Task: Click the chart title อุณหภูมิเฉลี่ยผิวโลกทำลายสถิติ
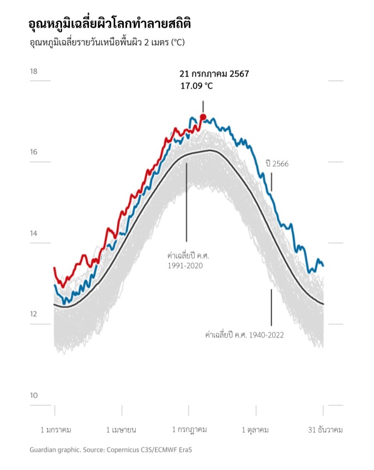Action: point(110,24)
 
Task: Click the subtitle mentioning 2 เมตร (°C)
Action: point(107,43)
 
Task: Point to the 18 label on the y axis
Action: point(33,72)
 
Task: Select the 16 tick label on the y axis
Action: point(33,152)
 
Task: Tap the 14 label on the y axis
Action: point(33,233)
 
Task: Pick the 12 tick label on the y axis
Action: point(33,314)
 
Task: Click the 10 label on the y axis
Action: point(33,395)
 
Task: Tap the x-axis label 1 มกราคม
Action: point(56,430)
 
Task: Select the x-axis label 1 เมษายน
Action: point(121,430)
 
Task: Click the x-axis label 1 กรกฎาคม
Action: point(189,430)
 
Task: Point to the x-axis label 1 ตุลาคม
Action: point(255,430)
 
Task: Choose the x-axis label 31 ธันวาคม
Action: point(325,430)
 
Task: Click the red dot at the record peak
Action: point(203,117)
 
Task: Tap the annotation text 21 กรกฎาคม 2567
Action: point(214,74)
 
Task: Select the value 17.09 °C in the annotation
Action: point(197,85)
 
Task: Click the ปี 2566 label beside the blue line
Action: point(277,163)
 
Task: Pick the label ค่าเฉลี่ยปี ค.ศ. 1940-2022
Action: point(244,335)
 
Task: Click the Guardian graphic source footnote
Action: point(111,450)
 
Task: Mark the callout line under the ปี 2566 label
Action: point(271,182)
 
